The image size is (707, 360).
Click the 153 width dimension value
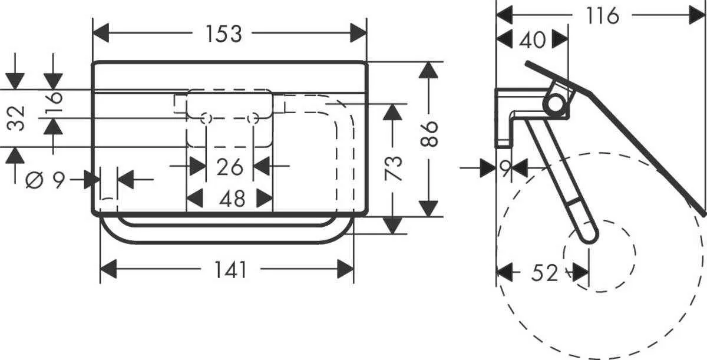(x=224, y=34)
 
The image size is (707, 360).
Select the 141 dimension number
(x=230, y=270)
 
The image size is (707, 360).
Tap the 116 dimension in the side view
(x=603, y=15)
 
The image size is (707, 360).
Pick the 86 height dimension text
(x=431, y=134)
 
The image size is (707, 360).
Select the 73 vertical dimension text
(x=394, y=169)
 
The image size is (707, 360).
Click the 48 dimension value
(x=232, y=199)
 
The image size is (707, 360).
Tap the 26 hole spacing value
(x=229, y=167)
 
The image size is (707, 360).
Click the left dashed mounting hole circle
(x=206, y=119)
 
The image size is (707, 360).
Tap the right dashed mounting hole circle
(x=254, y=119)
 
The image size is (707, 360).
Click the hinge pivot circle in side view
(x=555, y=104)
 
